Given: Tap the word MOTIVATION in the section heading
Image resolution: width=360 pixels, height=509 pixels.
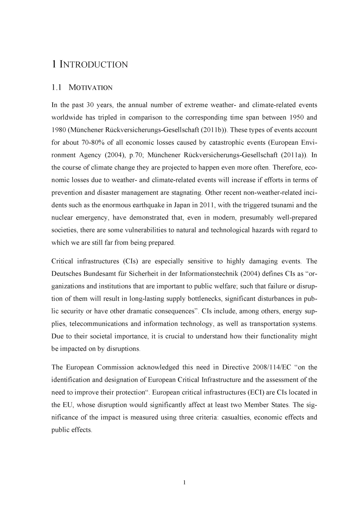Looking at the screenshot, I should pyautogui.click(x=90, y=88).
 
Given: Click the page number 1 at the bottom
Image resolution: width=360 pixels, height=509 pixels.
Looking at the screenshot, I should pyautogui.click(x=184, y=482).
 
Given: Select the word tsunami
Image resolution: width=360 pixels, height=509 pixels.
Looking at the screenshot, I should pyautogui.click(x=282, y=205).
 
